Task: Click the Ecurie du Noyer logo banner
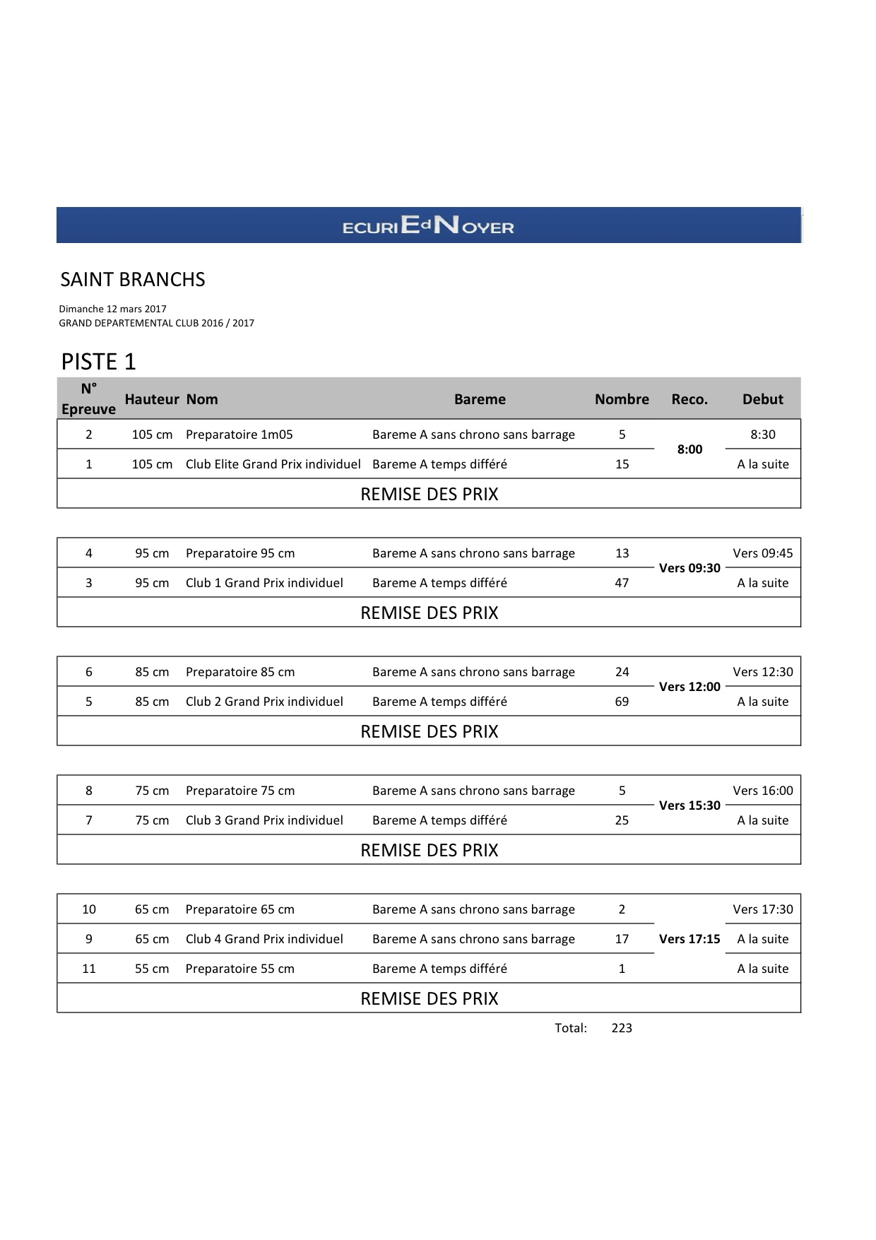point(428,225)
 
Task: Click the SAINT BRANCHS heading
point(133,280)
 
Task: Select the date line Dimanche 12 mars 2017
point(113,309)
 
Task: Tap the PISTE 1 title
point(98,362)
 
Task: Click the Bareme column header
point(480,399)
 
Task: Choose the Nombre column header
point(622,399)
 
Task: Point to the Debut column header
point(762,399)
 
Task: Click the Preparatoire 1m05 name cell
point(239,435)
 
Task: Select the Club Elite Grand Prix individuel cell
point(273,464)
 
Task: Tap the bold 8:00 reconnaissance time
point(689,449)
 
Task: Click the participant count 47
point(622,583)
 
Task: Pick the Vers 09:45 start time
point(762,553)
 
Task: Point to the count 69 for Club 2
point(622,702)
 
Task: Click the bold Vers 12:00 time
point(689,687)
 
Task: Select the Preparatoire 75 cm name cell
point(240,791)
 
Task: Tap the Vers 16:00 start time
point(762,791)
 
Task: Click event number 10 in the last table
point(89,909)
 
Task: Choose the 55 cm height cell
point(152,969)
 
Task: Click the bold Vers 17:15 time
point(689,939)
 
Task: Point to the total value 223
point(622,1028)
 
